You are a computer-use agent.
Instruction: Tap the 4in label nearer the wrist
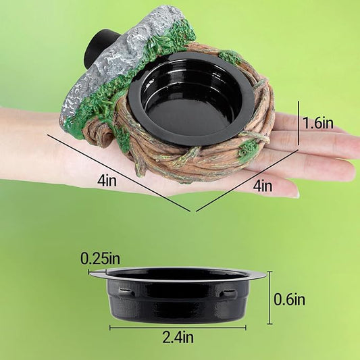tap(107, 181)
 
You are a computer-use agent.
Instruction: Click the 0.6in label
tap(290, 299)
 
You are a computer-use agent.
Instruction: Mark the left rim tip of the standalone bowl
tap(91, 273)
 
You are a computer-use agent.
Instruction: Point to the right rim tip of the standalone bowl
tap(264, 274)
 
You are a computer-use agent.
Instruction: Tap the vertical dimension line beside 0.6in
tap(270, 298)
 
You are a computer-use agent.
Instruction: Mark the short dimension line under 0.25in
tap(99, 269)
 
